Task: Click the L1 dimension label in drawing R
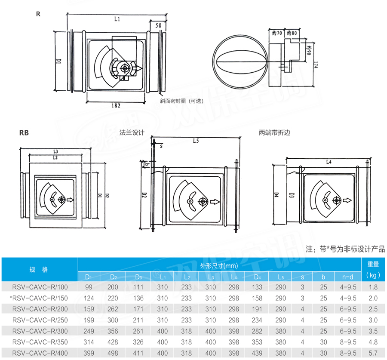tap(117, 19)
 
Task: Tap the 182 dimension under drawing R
tap(115, 105)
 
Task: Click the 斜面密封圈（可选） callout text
tap(181, 101)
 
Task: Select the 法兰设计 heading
tap(132, 132)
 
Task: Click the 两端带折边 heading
tap(274, 132)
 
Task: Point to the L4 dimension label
tap(329, 162)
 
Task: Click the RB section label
tap(24, 133)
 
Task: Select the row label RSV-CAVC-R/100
tap(40, 286)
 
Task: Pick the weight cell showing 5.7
tap(373, 354)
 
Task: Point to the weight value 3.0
tap(373, 320)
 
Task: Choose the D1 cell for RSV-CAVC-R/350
tap(89, 343)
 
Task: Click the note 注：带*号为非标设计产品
tap(345, 249)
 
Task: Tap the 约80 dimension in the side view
tap(292, 33)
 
